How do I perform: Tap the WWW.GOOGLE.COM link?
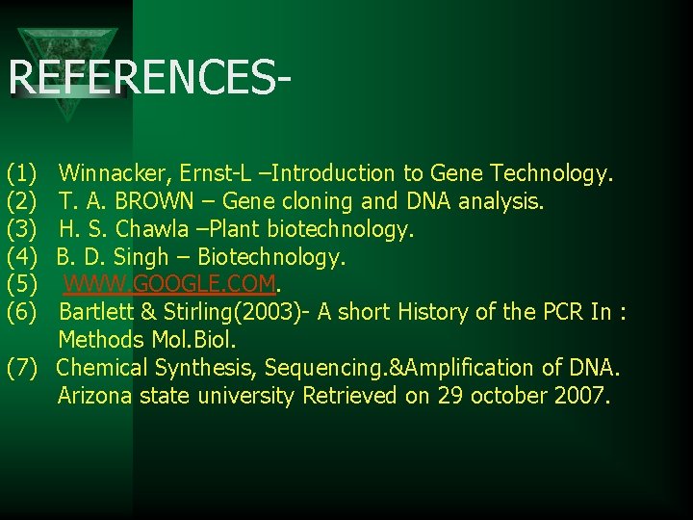coord(170,285)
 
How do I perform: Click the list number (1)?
coord(21,174)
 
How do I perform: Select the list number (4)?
coord(21,258)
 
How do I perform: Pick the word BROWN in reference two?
coord(169,202)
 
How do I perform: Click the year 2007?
coord(580,396)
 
